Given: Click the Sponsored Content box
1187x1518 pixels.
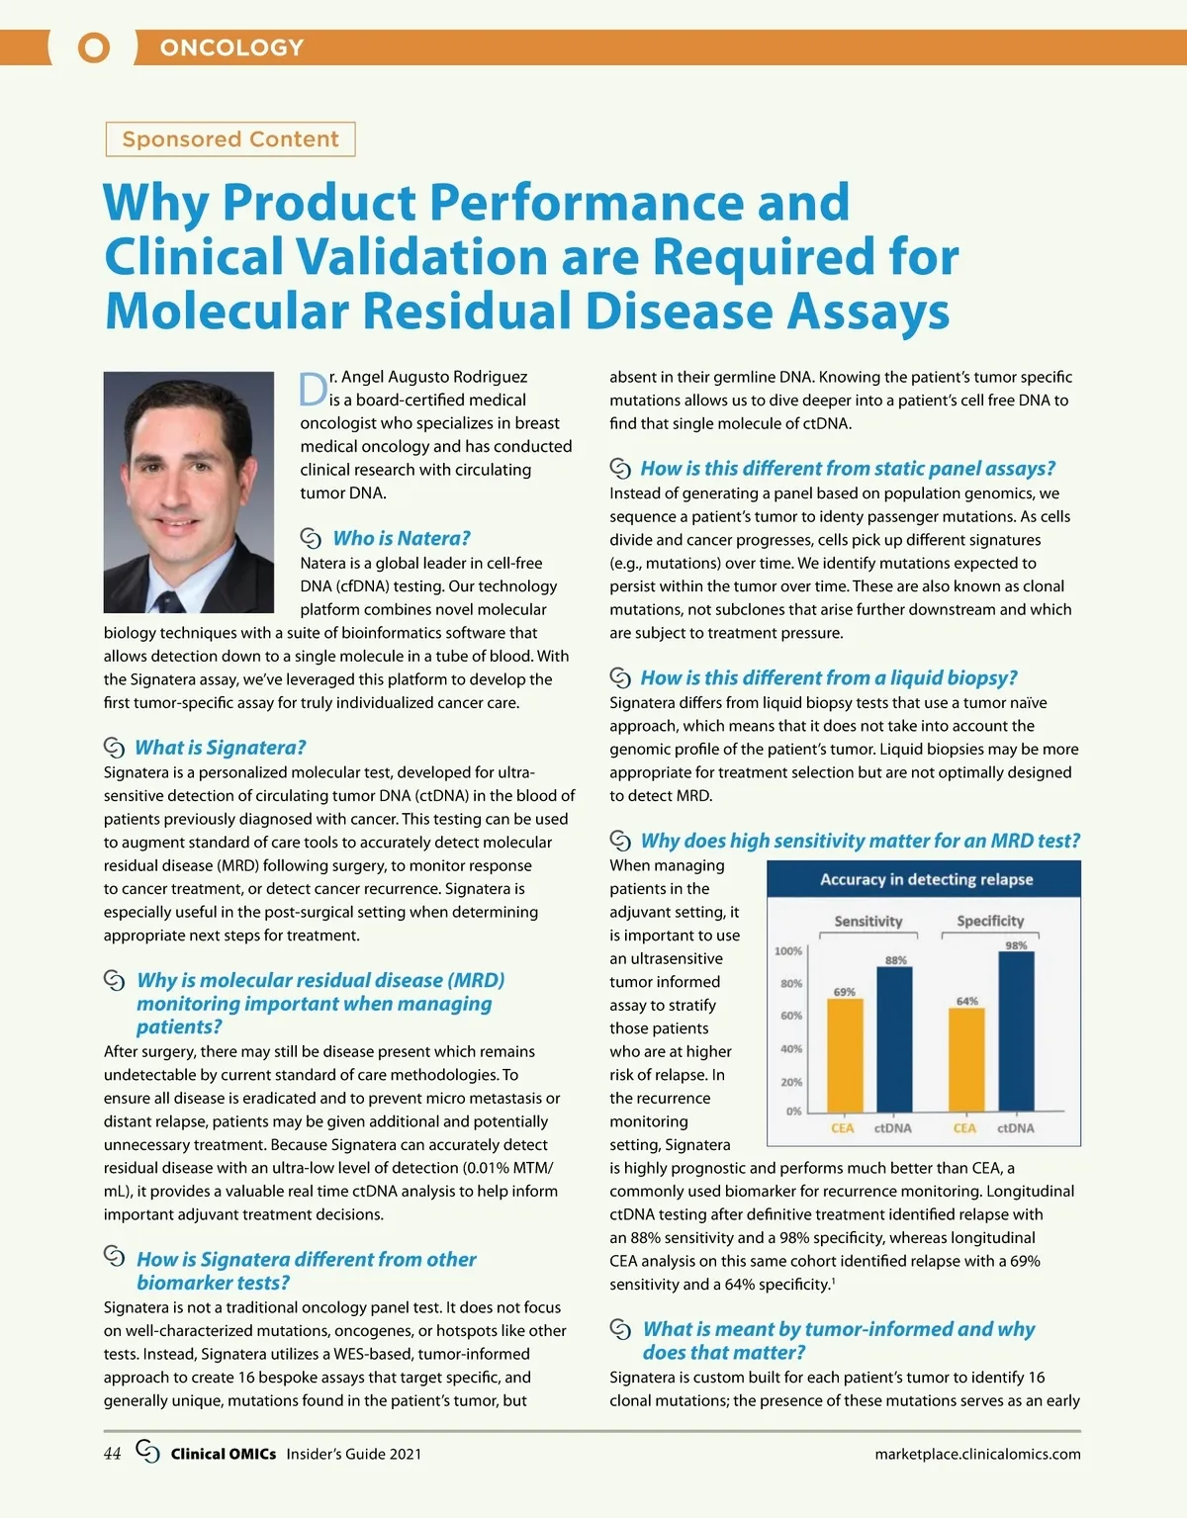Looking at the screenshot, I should pos(230,139).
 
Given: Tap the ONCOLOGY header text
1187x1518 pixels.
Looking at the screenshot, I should pos(231,47).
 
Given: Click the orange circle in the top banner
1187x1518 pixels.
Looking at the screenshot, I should pos(94,47).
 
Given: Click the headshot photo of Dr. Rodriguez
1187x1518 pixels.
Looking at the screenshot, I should pos(189,491).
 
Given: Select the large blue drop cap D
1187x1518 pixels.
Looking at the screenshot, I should pos(313,390).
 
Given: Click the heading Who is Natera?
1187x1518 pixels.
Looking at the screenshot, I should pos(401,538).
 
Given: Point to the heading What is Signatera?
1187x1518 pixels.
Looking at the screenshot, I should pos(220,748).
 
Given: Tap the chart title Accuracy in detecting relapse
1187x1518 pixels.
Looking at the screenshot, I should pos(926,879).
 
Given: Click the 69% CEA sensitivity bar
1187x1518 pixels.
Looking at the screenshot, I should pos(845,1055).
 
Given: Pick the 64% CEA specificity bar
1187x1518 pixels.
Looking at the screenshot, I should pos(966,1059).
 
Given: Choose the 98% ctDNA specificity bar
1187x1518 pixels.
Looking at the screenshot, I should pos(1016,1030).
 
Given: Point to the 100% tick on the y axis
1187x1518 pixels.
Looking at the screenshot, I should pos(787,951).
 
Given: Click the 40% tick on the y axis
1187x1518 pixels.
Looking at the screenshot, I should pos(790,1049).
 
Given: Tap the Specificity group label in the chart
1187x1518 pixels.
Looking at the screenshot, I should pos(990,921).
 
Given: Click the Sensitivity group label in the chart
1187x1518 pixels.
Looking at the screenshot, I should pos(867,921).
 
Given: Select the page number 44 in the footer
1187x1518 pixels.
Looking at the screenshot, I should pos(112,1454).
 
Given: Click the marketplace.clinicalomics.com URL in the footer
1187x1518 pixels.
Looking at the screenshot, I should pos(977,1454).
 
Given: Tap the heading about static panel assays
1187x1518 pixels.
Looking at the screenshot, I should pos(848,469).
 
